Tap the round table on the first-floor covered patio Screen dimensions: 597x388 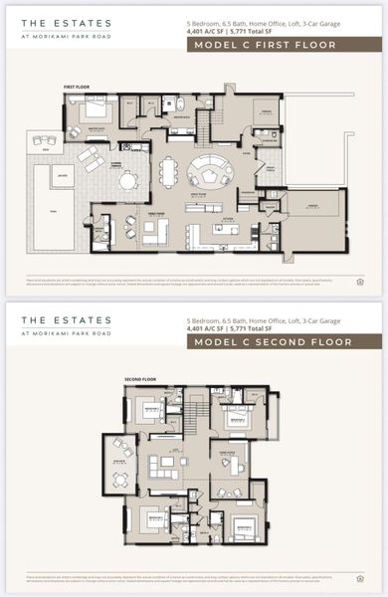click(126, 180)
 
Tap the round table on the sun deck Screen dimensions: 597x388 click(119, 481)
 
